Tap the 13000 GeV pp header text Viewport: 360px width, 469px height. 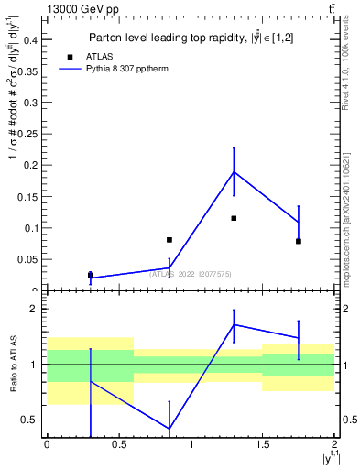(x=82, y=8)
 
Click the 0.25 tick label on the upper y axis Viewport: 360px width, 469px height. (x=28, y=134)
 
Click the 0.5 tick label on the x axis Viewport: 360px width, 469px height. (x=118, y=444)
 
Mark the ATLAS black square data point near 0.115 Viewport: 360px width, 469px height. (x=234, y=218)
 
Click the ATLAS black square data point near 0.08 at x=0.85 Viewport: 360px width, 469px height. (x=169, y=240)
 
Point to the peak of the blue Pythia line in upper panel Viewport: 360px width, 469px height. (x=234, y=172)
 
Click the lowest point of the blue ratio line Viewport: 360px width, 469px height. (x=169, y=429)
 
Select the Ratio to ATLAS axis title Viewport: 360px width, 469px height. (x=12, y=365)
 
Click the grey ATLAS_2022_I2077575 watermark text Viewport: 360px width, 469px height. (x=191, y=273)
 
